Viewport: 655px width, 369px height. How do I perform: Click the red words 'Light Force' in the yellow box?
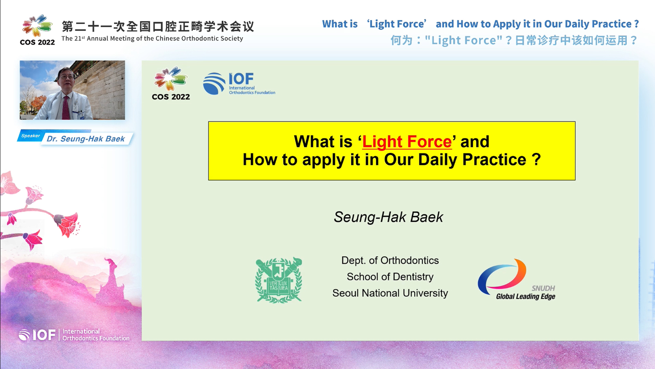tap(407, 142)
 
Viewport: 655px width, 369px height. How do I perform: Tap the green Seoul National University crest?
tap(279, 280)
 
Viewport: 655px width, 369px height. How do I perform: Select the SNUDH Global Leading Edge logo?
tap(517, 280)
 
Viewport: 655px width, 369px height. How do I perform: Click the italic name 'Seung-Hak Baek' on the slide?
tap(388, 217)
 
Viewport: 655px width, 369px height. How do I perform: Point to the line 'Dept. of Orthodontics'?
tap(390, 260)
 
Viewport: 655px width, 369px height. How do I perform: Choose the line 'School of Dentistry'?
tap(390, 277)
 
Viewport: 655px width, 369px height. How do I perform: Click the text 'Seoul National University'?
tap(390, 293)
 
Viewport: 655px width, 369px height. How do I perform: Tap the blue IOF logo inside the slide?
tap(239, 84)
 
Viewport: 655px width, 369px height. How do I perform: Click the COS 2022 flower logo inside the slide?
tap(171, 84)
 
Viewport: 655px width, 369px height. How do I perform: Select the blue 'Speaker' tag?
tap(30, 136)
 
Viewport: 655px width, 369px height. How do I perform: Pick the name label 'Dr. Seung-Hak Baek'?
tap(86, 139)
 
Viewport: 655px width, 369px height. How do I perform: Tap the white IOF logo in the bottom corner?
tap(74, 335)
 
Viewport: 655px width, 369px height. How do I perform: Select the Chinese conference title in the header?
tap(158, 26)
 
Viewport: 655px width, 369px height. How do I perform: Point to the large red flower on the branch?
tap(68, 224)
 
